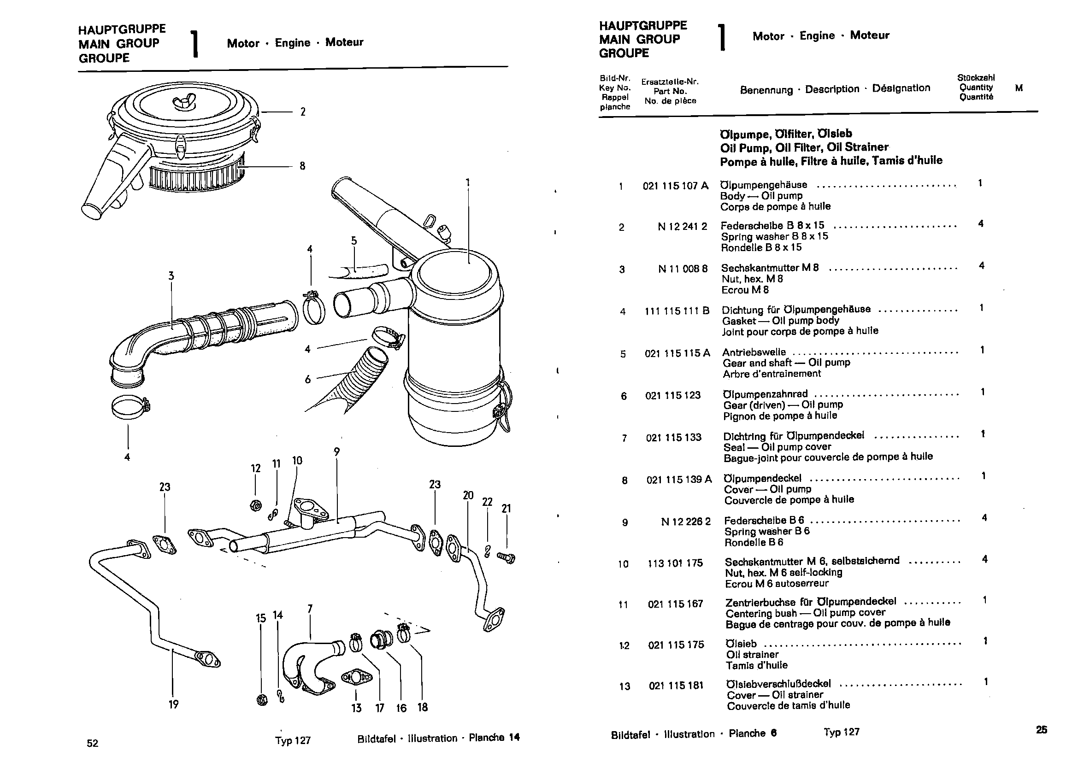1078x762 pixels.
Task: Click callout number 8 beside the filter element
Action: point(302,166)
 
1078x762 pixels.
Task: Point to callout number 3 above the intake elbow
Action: point(171,276)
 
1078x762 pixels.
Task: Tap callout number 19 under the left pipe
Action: point(173,704)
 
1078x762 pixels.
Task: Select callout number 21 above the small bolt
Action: point(506,509)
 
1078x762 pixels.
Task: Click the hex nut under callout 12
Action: point(255,505)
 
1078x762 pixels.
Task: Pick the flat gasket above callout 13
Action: point(356,677)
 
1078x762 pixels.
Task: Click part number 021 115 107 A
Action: point(675,186)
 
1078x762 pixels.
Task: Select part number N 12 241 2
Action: point(682,227)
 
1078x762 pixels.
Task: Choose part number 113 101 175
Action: point(675,563)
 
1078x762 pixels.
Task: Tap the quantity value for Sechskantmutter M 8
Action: point(981,265)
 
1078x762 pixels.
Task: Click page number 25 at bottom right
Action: point(1042,730)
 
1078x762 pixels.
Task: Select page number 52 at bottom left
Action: point(93,743)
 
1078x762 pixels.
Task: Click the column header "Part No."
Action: point(670,92)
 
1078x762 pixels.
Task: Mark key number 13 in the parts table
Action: point(624,686)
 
